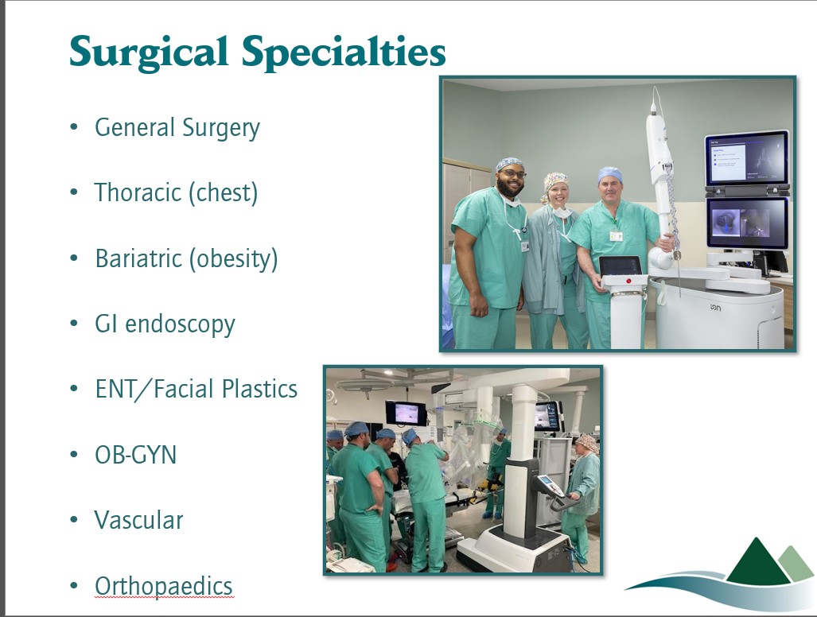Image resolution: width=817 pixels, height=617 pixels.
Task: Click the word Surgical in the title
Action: pyautogui.click(x=149, y=52)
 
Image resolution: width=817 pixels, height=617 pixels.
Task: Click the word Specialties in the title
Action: pyautogui.click(x=344, y=52)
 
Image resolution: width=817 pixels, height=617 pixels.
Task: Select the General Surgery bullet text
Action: pyautogui.click(x=177, y=128)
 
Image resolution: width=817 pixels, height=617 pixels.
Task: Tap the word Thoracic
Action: pyautogui.click(x=138, y=192)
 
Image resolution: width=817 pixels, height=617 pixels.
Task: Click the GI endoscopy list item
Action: pyautogui.click(x=165, y=324)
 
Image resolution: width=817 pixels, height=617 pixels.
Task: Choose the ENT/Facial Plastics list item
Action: pyautogui.click(x=196, y=389)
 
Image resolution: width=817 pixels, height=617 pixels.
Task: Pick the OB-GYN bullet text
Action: pyautogui.click(x=135, y=455)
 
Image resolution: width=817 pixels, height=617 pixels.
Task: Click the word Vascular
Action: pyautogui.click(x=138, y=520)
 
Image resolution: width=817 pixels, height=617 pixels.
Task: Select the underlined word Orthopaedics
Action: pyautogui.click(x=164, y=586)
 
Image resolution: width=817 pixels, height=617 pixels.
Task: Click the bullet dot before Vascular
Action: pyautogui.click(x=74, y=520)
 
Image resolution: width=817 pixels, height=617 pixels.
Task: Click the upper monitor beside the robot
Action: pyautogui.click(x=747, y=158)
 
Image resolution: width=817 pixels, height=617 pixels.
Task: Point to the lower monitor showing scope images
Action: pyautogui.click(x=747, y=223)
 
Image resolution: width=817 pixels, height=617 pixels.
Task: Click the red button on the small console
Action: pyautogui.click(x=628, y=281)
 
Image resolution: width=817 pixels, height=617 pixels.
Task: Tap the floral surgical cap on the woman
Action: pyautogui.click(x=555, y=181)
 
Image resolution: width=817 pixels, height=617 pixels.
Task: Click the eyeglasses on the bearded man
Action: pyautogui.click(x=512, y=174)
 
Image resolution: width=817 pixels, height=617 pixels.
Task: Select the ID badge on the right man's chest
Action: pyautogui.click(x=617, y=236)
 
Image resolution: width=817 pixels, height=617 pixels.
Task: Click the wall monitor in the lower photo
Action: pyautogui.click(x=406, y=413)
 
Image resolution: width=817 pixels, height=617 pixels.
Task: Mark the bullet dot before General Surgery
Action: pyautogui.click(x=74, y=126)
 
